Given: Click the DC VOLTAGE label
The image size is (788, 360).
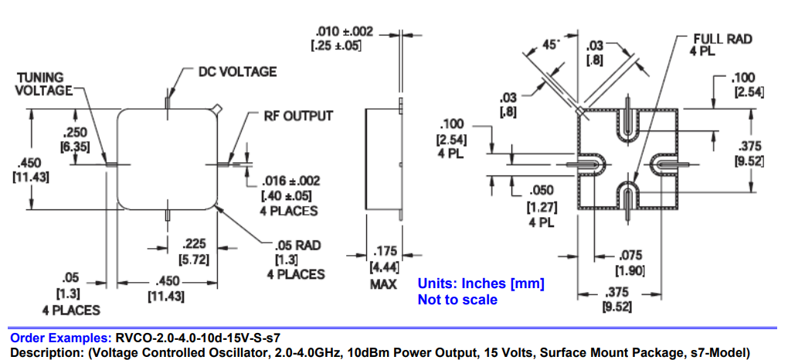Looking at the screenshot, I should click(237, 72).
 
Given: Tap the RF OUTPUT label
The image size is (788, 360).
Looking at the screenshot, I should click(298, 116).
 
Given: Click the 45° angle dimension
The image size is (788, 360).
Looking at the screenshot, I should click(550, 45).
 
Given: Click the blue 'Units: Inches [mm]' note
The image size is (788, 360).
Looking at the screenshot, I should click(481, 283).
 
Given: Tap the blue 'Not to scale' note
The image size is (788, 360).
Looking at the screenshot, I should click(457, 299).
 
